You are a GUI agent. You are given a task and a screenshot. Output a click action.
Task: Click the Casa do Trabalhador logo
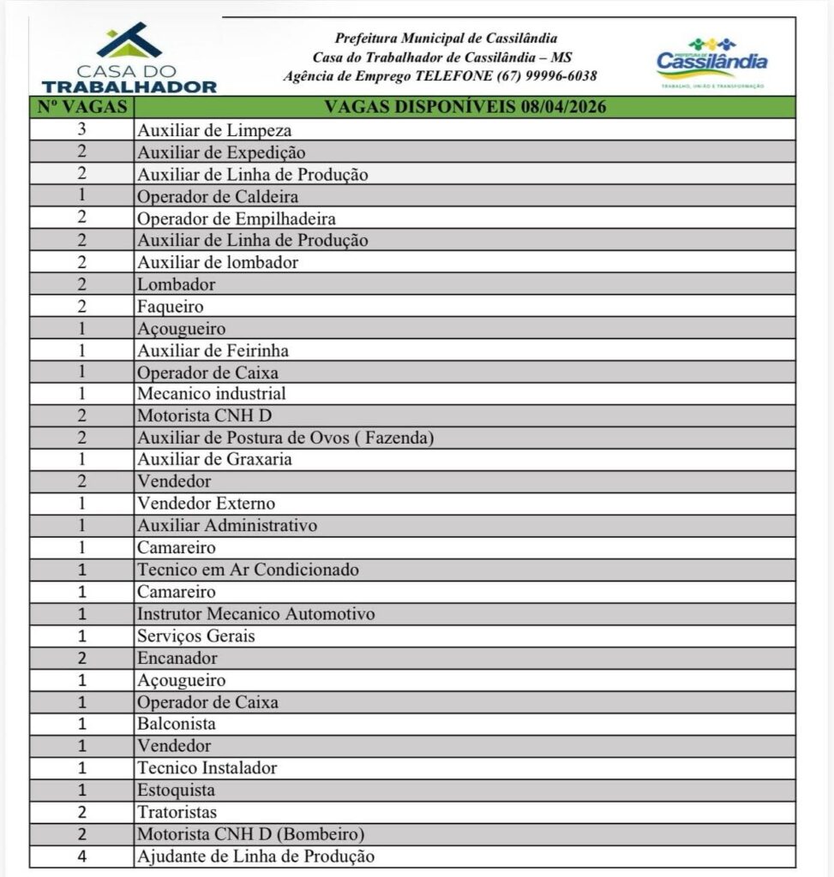click(129, 58)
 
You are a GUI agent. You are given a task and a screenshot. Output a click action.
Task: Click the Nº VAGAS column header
click(82, 108)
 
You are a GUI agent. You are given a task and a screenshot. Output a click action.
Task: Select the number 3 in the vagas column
click(82, 131)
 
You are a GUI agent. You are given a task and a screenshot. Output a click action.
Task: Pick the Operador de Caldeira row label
click(218, 196)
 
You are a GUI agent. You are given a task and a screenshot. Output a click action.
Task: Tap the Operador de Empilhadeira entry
click(237, 218)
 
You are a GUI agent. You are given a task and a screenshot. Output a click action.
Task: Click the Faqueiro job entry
click(170, 306)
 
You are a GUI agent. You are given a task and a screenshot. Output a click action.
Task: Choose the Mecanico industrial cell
click(212, 394)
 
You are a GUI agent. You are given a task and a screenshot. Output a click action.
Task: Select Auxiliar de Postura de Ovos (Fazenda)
click(285, 438)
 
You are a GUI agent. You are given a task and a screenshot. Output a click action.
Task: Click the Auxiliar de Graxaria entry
click(214, 460)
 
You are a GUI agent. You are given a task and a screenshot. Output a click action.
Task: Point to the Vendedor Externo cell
click(207, 504)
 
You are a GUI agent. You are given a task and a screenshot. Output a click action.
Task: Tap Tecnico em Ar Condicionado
click(248, 570)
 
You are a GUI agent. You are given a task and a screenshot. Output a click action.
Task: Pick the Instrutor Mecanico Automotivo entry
click(255, 614)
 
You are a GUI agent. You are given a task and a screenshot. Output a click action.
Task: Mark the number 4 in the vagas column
click(82, 856)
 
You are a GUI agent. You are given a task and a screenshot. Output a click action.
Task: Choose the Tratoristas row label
click(177, 811)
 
